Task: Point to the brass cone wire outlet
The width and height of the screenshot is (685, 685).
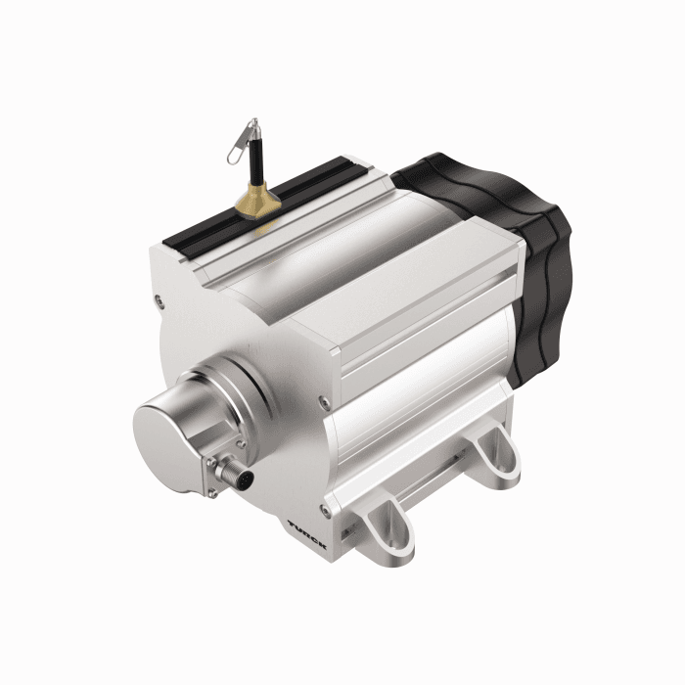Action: (x=255, y=203)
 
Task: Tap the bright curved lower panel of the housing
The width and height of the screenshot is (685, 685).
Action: (x=421, y=421)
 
